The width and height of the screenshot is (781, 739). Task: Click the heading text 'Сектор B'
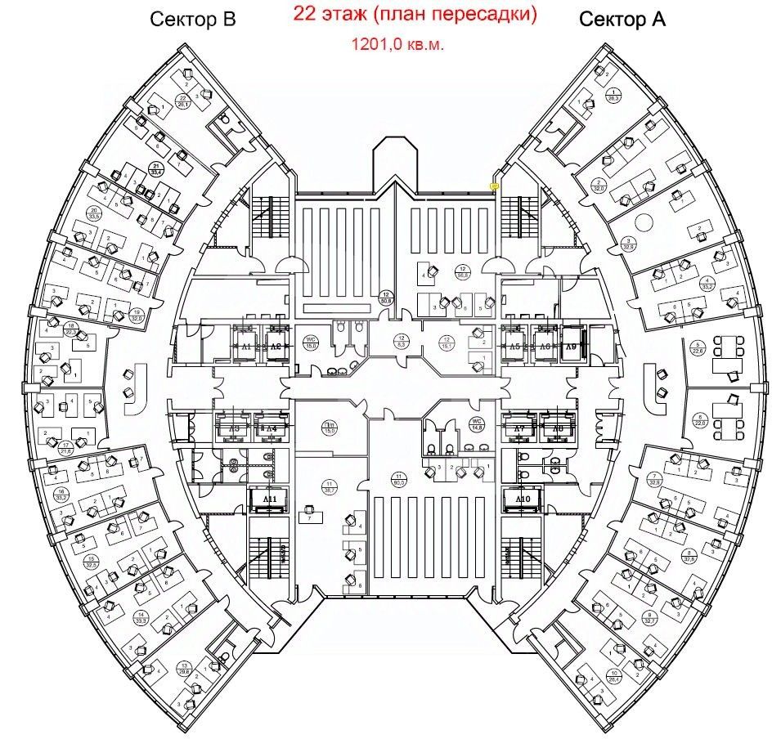[x=192, y=20]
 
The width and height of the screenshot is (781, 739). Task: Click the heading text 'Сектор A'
[x=622, y=20]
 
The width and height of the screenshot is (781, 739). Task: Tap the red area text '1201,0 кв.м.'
[x=398, y=45]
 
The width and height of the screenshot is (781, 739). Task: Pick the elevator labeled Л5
[x=514, y=347]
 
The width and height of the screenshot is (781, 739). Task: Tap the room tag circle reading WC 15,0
[x=310, y=343]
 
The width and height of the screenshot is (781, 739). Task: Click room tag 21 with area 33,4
[x=155, y=169]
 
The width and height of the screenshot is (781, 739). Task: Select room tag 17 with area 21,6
[x=65, y=447]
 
